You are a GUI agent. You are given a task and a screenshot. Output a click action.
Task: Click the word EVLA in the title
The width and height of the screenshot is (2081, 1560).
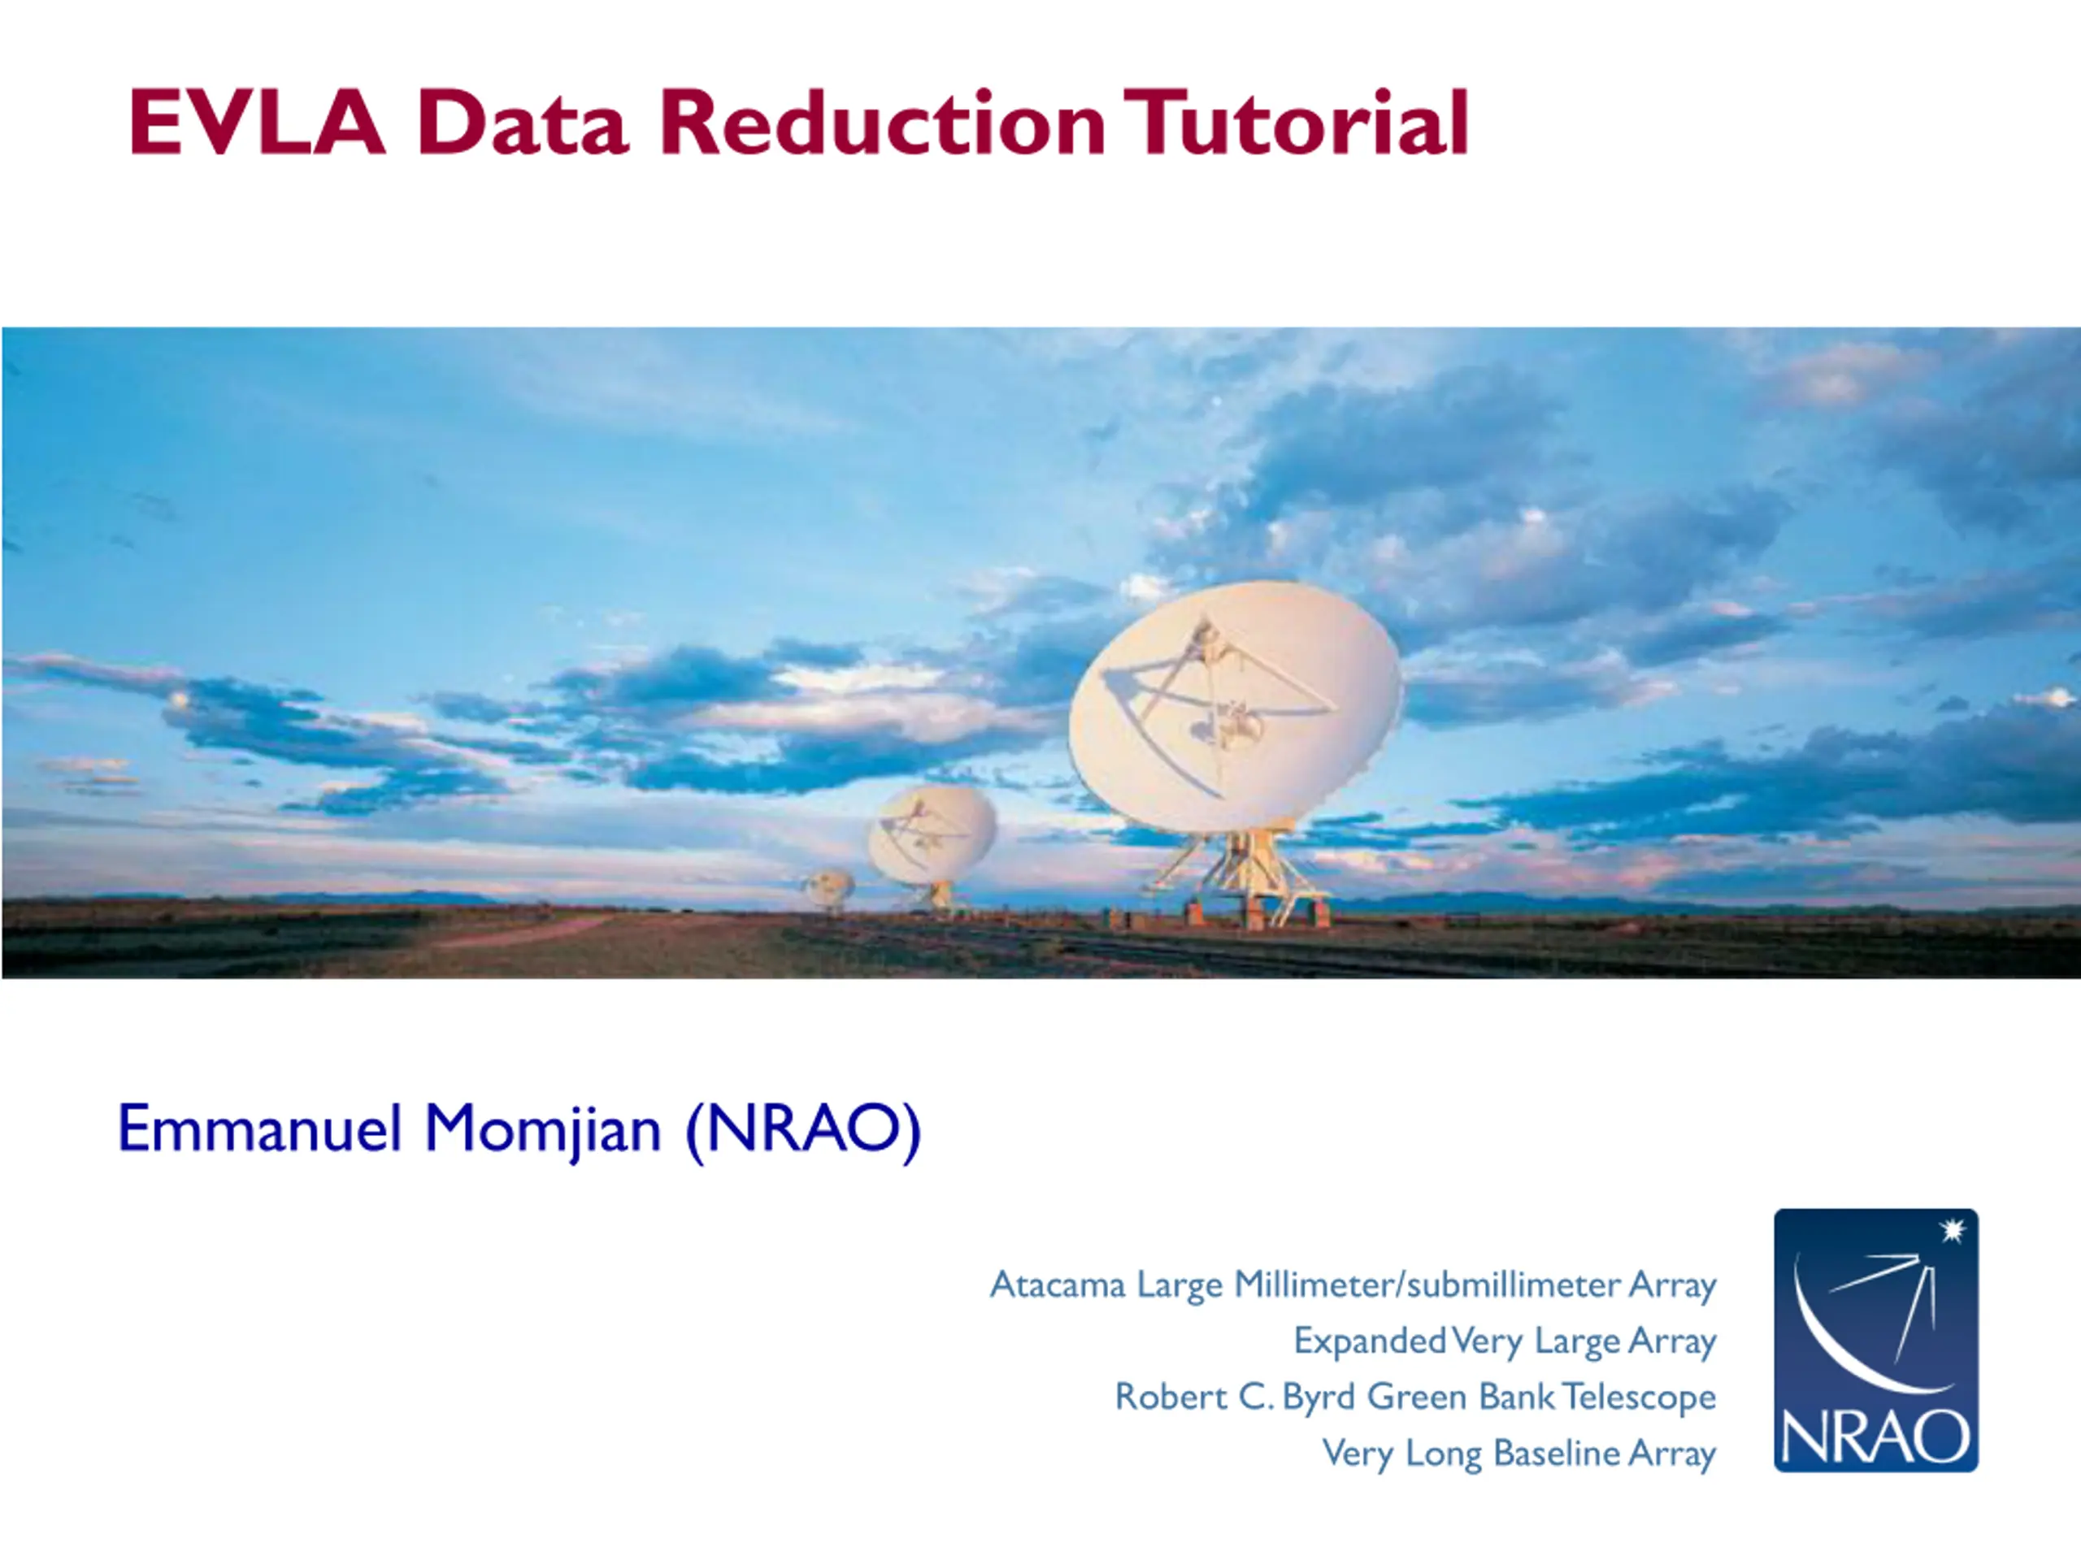[x=257, y=121]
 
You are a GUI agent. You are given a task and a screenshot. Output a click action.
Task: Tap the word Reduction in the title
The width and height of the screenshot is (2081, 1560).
[x=884, y=121]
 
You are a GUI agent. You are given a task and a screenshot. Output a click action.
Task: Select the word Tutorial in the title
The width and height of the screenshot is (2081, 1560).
[x=1296, y=121]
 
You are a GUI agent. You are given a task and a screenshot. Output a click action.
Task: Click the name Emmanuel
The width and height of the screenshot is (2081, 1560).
[x=259, y=1129]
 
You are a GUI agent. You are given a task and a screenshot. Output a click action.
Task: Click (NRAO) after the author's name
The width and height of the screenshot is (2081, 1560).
[x=803, y=1131]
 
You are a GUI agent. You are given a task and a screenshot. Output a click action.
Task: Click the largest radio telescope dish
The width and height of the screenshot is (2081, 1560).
[x=1234, y=706]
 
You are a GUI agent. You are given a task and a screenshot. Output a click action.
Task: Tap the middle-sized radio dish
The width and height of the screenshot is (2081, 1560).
[x=932, y=835]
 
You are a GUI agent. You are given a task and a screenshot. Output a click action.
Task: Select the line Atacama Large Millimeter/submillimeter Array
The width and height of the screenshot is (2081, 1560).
[x=1353, y=1285]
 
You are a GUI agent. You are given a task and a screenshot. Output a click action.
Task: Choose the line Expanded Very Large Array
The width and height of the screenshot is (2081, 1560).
[x=1505, y=1341]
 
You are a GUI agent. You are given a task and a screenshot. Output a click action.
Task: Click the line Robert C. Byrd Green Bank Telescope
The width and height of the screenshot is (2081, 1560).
[x=1416, y=1397]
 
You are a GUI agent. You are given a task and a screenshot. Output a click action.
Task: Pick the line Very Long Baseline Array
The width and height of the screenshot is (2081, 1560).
[x=1519, y=1454]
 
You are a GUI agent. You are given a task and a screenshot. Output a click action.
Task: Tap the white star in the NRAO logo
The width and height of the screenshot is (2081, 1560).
[x=1953, y=1229]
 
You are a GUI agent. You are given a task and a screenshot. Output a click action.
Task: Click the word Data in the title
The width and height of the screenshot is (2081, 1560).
[x=523, y=121]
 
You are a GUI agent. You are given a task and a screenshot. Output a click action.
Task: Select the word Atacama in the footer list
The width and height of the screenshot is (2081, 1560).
[x=1058, y=1285]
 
